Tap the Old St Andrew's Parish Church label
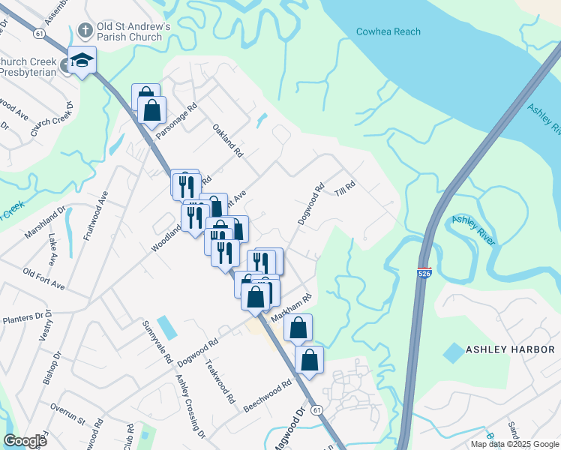point(133,31)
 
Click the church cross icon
point(85,31)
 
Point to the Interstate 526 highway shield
point(424,274)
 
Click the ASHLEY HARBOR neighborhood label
point(510,349)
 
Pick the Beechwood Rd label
point(267,397)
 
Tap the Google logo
point(25,441)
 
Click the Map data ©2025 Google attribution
point(514,444)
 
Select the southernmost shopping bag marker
point(309,360)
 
